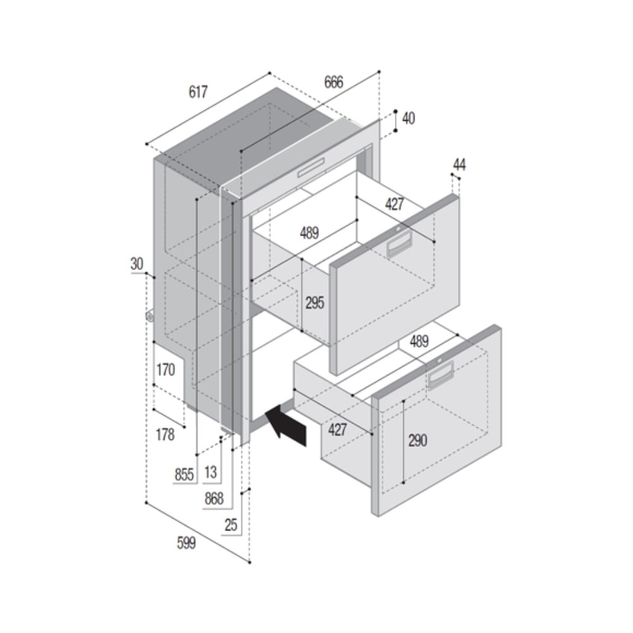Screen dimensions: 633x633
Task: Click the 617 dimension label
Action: click(198, 92)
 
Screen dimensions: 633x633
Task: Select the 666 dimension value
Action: click(334, 82)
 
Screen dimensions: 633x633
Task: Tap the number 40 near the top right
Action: click(408, 118)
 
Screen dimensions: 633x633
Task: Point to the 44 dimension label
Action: click(459, 165)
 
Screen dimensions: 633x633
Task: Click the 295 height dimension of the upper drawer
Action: click(315, 303)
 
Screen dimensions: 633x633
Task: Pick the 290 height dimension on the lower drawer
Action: click(417, 441)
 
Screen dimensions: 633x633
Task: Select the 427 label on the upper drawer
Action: click(394, 204)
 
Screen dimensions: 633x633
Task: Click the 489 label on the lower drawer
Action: click(418, 341)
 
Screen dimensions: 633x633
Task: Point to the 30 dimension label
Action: click(137, 264)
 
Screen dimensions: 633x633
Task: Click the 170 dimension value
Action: click(165, 370)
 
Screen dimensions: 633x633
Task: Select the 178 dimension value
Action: click(165, 436)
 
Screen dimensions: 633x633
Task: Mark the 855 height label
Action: click(184, 475)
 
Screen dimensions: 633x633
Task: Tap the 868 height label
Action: click(214, 499)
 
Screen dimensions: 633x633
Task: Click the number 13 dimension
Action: click(211, 472)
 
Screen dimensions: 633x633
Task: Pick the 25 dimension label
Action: click(231, 524)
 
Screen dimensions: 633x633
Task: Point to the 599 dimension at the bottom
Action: click(186, 543)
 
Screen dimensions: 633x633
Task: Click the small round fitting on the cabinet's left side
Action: click(150, 316)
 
